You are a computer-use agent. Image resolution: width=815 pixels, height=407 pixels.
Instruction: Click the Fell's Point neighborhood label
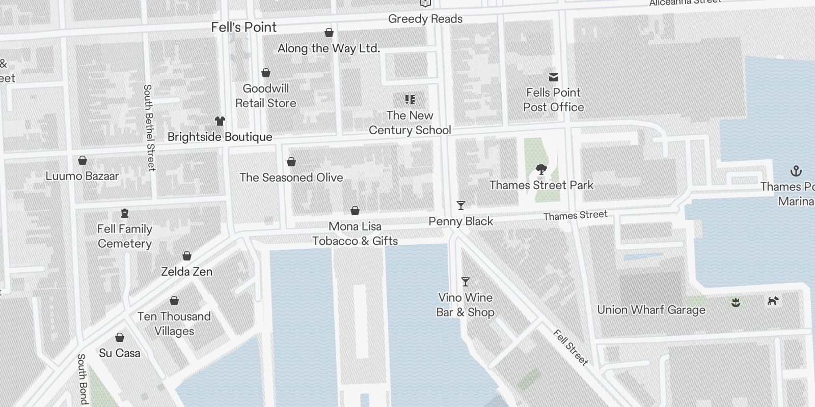click(244, 27)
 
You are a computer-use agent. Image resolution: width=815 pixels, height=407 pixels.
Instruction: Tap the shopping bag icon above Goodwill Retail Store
click(265, 73)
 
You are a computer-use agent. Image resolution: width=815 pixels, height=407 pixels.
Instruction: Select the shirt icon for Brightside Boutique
click(220, 121)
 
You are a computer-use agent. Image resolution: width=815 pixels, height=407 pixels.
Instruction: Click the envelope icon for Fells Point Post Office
click(553, 77)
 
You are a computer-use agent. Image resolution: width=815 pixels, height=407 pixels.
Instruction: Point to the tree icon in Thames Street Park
click(541, 169)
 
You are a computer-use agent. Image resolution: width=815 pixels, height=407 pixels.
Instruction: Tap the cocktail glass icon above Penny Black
click(460, 206)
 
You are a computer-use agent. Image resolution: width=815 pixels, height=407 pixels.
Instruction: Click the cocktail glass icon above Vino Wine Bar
click(465, 282)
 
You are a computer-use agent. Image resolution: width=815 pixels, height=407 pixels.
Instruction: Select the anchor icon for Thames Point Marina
click(795, 171)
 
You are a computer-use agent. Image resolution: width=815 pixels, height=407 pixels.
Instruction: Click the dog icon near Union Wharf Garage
click(773, 301)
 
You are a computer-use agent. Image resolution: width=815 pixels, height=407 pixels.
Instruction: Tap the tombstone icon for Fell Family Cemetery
click(125, 213)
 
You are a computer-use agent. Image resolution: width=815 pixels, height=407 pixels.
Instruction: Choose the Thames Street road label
click(575, 216)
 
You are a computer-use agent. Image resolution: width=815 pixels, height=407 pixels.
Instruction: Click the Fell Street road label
click(570, 347)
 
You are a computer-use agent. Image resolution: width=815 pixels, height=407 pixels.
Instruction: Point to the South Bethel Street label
click(149, 127)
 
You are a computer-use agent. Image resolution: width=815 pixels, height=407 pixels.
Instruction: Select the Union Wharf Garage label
click(651, 310)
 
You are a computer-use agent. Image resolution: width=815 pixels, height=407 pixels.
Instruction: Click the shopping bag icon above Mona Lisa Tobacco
click(355, 211)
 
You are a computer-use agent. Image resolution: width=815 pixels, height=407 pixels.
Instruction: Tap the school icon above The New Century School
click(410, 100)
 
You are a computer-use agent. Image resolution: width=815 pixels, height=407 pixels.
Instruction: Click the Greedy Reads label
click(425, 19)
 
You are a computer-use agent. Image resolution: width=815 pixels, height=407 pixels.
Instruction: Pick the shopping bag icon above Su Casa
click(120, 337)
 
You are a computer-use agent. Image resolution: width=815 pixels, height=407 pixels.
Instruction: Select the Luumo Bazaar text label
click(82, 176)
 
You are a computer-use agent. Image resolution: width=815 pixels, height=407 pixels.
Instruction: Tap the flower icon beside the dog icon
click(735, 303)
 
